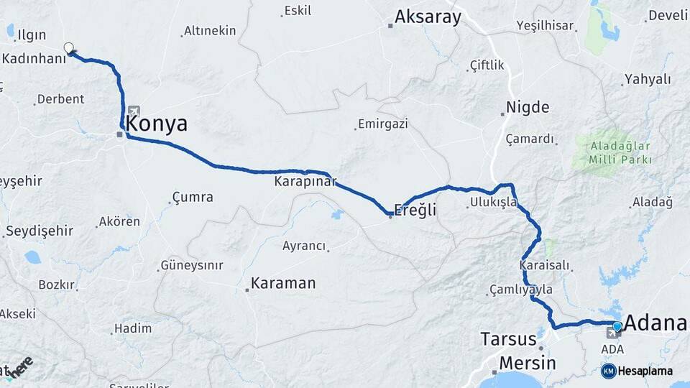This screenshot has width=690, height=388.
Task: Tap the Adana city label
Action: pos(655,323)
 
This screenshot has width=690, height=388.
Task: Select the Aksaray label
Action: pos(428,17)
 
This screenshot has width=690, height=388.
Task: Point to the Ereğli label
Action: pos(416,210)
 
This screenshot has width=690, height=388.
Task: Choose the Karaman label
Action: pos(284,283)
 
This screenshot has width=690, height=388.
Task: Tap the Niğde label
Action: pos(528,108)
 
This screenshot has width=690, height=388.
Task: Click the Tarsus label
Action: pos(508,338)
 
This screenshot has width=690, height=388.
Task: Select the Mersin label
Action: pos(527,363)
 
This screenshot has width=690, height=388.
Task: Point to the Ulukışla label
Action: pos(493,202)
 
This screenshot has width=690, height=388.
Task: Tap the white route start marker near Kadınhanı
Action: pos(69,48)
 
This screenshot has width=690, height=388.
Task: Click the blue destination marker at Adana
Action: pos(617,327)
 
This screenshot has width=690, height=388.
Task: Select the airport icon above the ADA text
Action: pos(612,333)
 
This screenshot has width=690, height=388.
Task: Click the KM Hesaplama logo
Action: pos(637,371)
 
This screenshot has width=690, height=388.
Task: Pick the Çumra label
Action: pos(193,196)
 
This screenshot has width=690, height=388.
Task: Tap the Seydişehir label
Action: pos(40,231)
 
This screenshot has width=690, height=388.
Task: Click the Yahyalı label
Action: pos(648,79)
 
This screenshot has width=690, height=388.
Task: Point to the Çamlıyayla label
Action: pos(521,289)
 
